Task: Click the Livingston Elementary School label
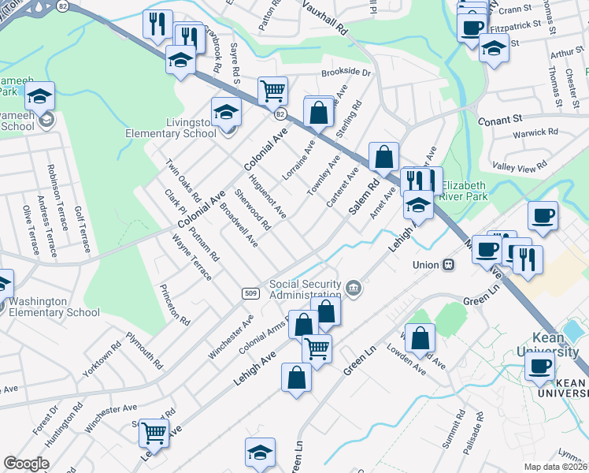click(x=171, y=128)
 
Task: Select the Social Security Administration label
click(x=306, y=289)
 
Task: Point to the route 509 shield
click(x=250, y=293)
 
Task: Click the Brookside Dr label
click(x=346, y=72)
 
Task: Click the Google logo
click(x=27, y=464)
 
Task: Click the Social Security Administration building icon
click(x=354, y=287)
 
